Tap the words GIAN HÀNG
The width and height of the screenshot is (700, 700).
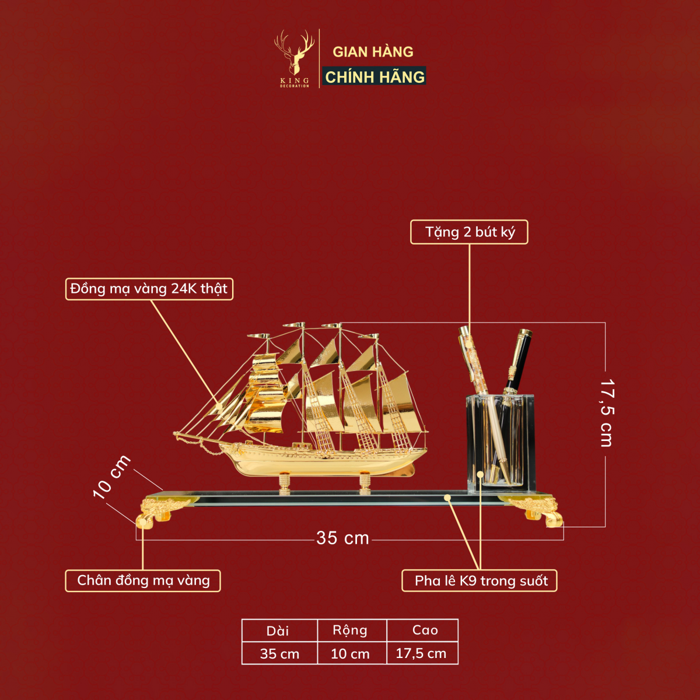click(373, 52)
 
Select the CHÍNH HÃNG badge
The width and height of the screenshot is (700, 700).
click(374, 76)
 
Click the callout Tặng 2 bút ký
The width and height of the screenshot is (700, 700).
click(469, 232)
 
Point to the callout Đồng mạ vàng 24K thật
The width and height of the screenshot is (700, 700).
click(149, 289)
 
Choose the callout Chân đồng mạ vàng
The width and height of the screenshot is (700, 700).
click(143, 580)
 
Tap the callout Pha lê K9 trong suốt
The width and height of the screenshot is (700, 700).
click(479, 580)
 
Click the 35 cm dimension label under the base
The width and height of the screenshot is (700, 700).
click(342, 538)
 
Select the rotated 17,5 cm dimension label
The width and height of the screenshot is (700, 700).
click(605, 412)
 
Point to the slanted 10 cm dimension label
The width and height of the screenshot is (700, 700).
click(111, 477)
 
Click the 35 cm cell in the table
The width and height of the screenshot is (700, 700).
click(280, 653)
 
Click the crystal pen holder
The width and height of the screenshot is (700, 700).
click(500, 443)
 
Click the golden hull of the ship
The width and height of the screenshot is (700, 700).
click(323, 461)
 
